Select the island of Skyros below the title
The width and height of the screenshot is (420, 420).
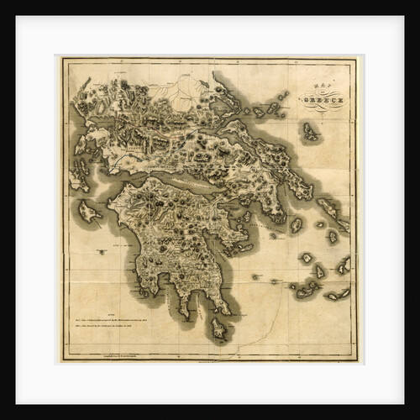point(311,131)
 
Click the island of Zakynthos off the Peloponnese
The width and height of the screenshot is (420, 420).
point(89,213)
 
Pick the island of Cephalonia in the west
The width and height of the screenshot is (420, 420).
point(81,177)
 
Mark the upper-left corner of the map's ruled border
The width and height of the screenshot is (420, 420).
point(64,60)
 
